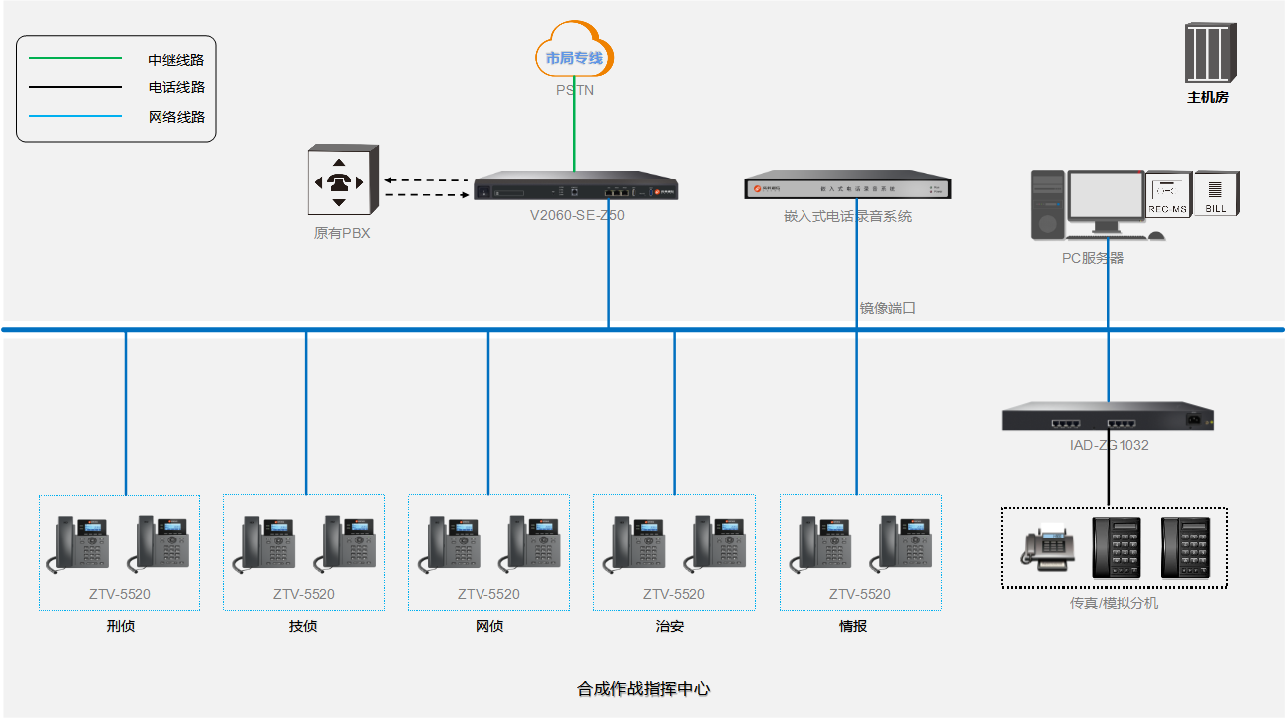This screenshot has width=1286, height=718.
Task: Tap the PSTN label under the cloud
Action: [x=575, y=90]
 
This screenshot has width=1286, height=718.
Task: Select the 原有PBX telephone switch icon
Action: [x=342, y=180]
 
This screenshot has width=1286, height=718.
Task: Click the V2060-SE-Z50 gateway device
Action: [x=576, y=189]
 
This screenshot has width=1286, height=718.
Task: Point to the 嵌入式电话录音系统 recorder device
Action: [x=847, y=187]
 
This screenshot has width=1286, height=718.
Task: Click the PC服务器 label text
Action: [x=1093, y=258]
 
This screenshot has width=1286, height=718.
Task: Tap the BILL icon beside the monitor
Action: [x=1216, y=192]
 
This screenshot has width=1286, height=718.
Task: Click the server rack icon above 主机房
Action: [x=1209, y=54]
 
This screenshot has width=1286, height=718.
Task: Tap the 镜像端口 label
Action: [x=888, y=308]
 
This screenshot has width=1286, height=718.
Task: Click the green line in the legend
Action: [x=75, y=59]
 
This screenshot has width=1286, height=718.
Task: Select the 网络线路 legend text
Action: [x=176, y=117]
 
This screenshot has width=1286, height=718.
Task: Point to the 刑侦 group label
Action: [x=120, y=627]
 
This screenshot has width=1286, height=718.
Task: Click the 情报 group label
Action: [x=853, y=627]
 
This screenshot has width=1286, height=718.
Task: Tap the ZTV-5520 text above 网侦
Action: [x=488, y=595]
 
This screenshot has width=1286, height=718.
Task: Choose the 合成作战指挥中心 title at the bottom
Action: [x=643, y=688]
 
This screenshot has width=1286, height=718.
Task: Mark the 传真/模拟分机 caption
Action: [x=1115, y=603]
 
